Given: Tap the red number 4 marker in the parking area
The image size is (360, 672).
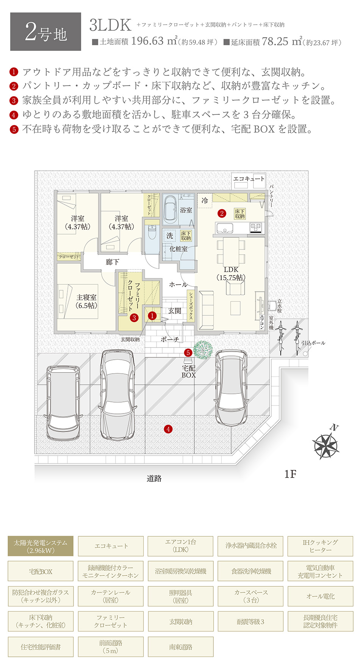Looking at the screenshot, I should (x=168, y=429).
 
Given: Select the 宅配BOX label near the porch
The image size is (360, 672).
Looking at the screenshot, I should (x=188, y=371).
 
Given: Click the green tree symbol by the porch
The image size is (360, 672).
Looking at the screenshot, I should (x=203, y=349).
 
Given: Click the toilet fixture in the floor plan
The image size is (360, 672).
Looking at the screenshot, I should (x=152, y=232).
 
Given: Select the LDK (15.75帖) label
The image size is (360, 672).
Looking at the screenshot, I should (x=231, y=273).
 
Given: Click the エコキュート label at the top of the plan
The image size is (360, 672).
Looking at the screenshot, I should (x=249, y=178).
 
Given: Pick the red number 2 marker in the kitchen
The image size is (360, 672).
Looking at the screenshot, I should (x=222, y=213).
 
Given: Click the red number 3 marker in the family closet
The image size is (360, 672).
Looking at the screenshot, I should (x=134, y=318).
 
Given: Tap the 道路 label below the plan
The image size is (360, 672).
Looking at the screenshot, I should (x=154, y=478).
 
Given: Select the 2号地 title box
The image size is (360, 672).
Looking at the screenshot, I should (x=45, y=32).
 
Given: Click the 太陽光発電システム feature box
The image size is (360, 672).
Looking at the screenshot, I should (x=41, y=546).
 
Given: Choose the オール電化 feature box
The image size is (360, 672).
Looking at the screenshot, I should (x=320, y=596).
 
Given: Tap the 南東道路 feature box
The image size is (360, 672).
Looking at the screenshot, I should (x=180, y=647).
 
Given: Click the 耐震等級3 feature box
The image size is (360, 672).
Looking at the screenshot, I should (x=250, y=622).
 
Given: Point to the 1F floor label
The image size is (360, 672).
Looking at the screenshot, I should (x=290, y=474).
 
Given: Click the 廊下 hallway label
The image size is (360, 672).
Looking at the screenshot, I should (x=112, y=262).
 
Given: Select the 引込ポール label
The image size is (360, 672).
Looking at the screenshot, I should (x=313, y=343).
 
